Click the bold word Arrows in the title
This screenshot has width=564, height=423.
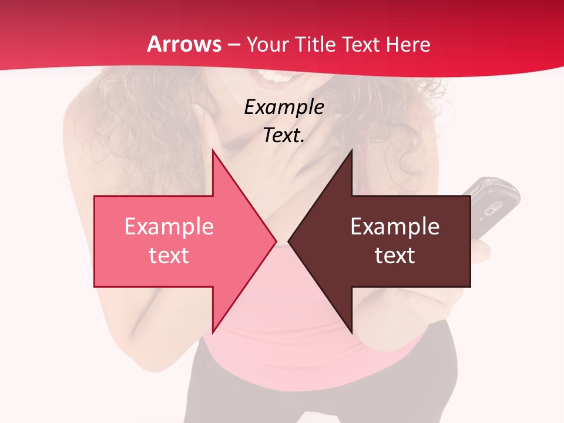coord(184,44)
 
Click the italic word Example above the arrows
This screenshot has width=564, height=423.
coord(284,107)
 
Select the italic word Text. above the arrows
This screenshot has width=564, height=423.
coord(284,135)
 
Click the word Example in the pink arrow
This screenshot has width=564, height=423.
coord(169,226)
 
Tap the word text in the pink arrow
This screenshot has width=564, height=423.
coord(169,256)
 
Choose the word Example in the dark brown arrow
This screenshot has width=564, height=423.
coord(395,226)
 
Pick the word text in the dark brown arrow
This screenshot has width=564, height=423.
coord(395,256)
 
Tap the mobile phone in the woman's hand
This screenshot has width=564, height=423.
coord(494,206)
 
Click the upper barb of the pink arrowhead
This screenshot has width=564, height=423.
coord(214,154)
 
